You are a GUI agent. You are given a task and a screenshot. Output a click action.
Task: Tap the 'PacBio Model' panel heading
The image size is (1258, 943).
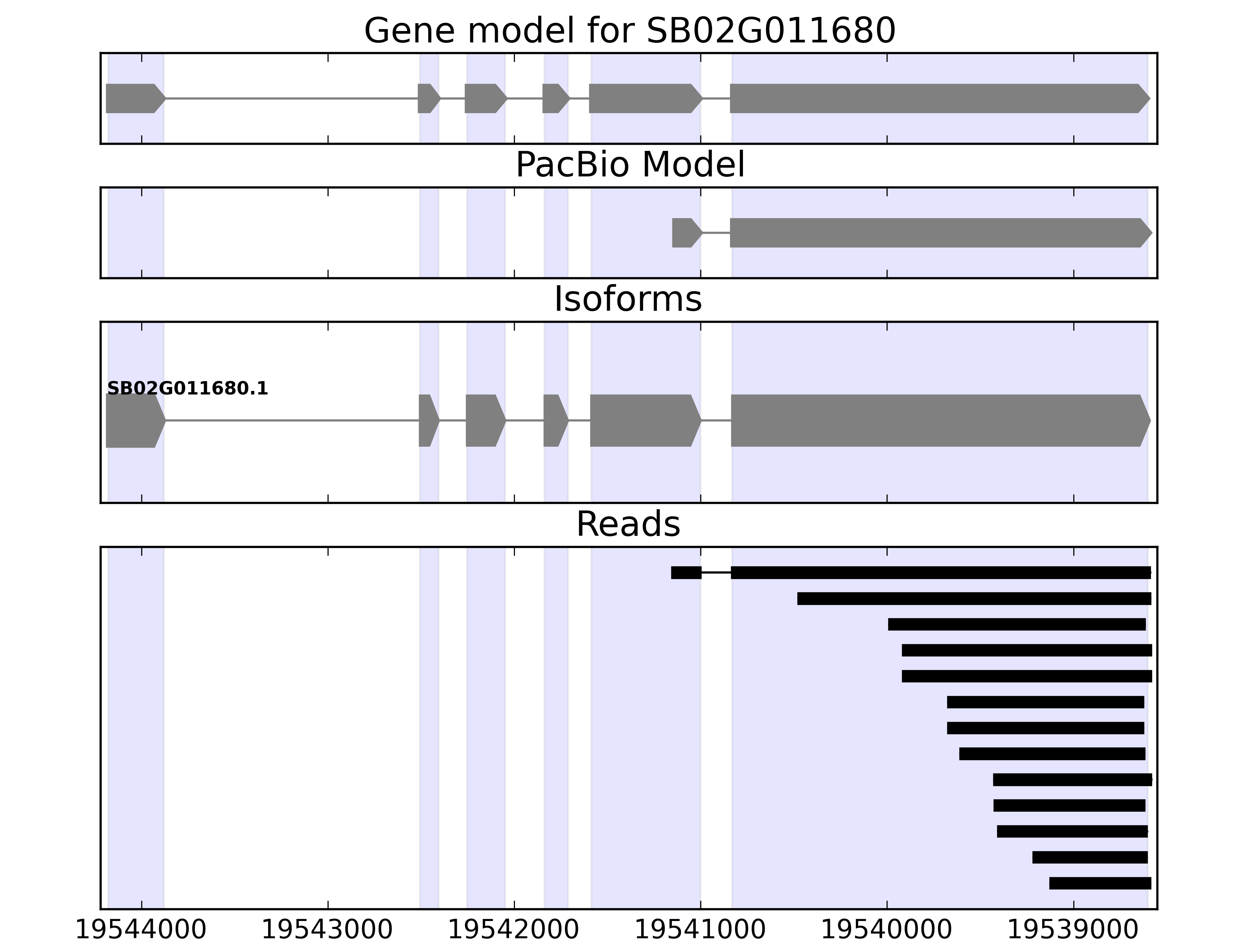(x=629, y=165)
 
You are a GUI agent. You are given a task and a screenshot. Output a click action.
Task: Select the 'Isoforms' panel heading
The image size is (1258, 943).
(x=628, y=299)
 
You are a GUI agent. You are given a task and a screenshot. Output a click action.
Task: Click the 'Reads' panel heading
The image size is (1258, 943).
(x=628, y=524)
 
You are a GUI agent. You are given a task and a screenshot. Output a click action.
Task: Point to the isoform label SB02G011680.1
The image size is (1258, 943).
(x=187, y=389)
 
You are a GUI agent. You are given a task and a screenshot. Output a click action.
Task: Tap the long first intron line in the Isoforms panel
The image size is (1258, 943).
(x=292, y=421)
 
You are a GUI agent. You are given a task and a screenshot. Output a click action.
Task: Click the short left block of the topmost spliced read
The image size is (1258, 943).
(x=686, y=572)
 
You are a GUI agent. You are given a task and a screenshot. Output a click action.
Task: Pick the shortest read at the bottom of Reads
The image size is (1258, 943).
(x=1100, y=883)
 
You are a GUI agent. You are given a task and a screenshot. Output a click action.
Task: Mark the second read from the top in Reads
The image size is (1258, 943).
(x=974, y=598)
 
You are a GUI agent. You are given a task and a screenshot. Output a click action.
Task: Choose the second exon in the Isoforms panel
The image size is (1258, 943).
(x=428, y=421)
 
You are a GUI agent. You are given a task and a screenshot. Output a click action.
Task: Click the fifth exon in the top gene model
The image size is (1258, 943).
(x=643, y=98)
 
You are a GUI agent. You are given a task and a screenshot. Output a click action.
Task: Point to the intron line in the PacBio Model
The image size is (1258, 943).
(x=716, y=233)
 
